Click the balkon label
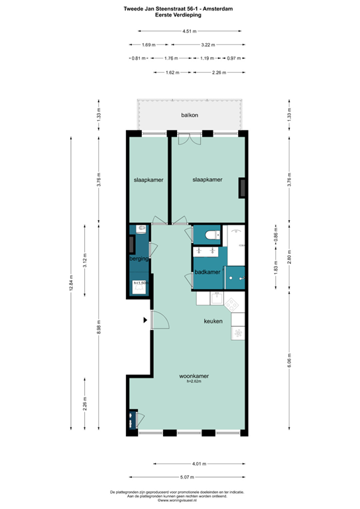190,115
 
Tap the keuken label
213,320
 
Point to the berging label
139,259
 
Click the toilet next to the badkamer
210,235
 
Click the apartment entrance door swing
159,321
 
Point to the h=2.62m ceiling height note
194,382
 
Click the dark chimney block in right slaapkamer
243,188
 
